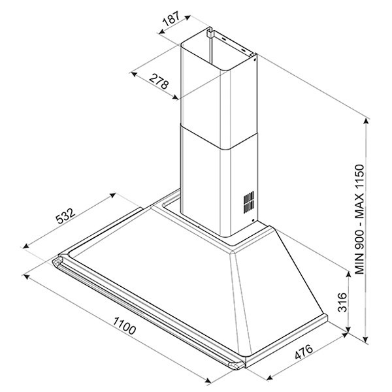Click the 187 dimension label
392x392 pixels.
[171, 18]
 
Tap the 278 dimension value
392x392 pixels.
[159, 82]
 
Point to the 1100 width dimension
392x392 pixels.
[124, 326]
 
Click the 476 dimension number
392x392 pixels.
[304, 351]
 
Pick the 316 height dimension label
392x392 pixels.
[342, 302]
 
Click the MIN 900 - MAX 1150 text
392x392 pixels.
[359, 219]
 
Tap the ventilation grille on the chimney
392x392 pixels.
[249, 202]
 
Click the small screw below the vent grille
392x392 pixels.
[253, 221]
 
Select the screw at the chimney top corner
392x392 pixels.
[254, 59]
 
